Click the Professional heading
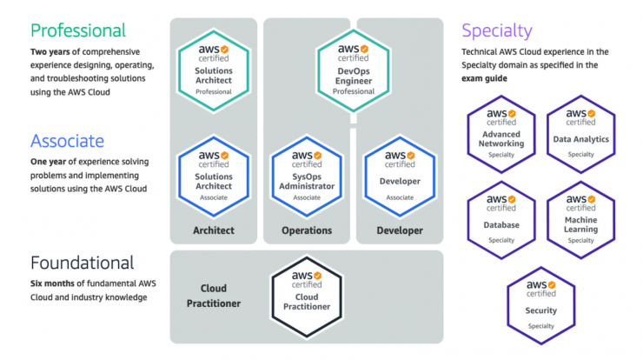78,30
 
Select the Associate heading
67,141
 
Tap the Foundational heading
82,263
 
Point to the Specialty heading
497,30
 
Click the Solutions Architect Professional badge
214,70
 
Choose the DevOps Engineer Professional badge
354,70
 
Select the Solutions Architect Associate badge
214,177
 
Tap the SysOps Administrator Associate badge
307,177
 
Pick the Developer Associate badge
400,177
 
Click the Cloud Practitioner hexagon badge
307,297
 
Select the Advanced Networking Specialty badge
501,134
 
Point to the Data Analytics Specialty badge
580,134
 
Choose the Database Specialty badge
501,220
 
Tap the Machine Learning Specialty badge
580,220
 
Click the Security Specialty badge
540,306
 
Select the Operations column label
307,230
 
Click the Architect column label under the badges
214,230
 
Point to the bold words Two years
50,51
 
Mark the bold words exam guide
484,78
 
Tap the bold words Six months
52,283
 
